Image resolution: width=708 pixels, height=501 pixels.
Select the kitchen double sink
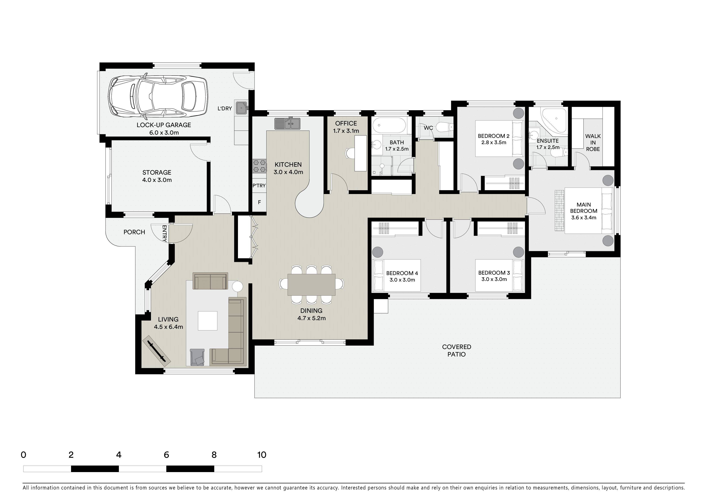point(287,123)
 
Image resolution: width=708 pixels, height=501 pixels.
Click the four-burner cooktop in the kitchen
point(259,166)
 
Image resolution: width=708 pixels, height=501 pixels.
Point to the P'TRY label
point(259,186)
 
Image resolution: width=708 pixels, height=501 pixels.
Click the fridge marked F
point(259,202)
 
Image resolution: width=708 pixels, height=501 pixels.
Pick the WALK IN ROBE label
point(593,143)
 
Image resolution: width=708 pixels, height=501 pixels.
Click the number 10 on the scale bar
point(262,455)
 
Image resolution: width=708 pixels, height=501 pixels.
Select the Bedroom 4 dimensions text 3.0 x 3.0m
point(402,280)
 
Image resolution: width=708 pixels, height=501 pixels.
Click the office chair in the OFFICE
point(350,153)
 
